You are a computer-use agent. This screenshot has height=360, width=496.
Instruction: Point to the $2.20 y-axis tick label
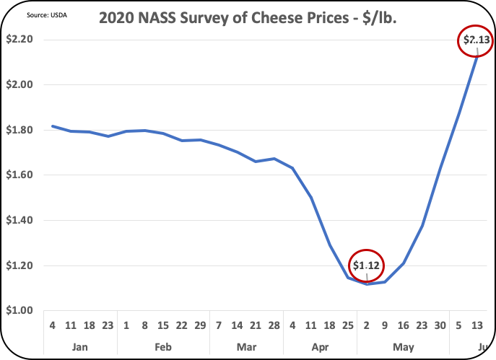coord(21,40)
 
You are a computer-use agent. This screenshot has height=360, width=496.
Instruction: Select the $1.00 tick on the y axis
coord(21,311)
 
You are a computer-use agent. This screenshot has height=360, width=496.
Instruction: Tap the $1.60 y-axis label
coord(21,175)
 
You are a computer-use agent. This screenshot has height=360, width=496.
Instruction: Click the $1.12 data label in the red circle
coord(367,265)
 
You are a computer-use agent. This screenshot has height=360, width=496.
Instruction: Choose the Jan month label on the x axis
coord(79,347)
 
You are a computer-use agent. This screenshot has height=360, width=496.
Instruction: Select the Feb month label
coord(162,347)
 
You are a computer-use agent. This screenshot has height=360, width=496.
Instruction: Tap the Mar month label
coord(246,347)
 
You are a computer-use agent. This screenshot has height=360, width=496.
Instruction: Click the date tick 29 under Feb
coord(200,325)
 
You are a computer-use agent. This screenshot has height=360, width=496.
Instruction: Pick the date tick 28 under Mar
coord(274,325)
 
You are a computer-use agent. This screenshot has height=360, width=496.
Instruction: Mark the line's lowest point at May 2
coord(367,284)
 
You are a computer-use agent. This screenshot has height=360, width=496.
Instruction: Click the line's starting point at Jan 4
coord(51,126)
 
